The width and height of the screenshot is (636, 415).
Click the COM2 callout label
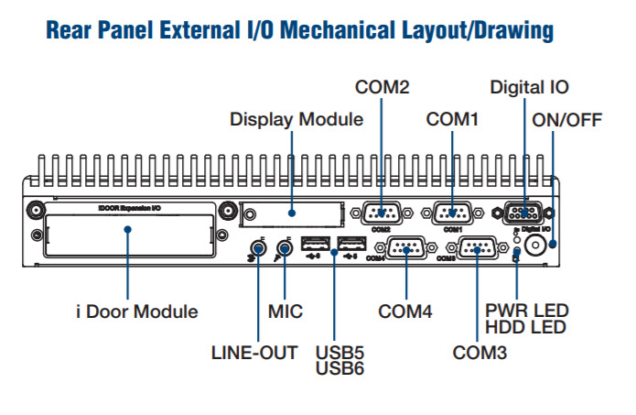click(x=382, y=88)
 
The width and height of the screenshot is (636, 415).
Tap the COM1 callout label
click(x=452, y=119)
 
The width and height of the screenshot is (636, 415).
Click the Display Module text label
click(x=296, y=119)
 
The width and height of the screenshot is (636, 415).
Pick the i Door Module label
click(x=136, y=311)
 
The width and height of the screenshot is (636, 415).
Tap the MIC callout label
click(x=285, y=311)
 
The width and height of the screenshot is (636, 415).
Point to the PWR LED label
click(x=526, y=311)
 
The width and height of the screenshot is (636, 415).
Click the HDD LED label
click(x=526, y=327)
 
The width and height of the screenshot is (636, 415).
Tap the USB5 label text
click(x=334, y=352)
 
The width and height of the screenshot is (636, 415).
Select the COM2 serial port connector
click(x=381, y=213)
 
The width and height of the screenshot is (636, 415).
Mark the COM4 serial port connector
click(x=404, y=246)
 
